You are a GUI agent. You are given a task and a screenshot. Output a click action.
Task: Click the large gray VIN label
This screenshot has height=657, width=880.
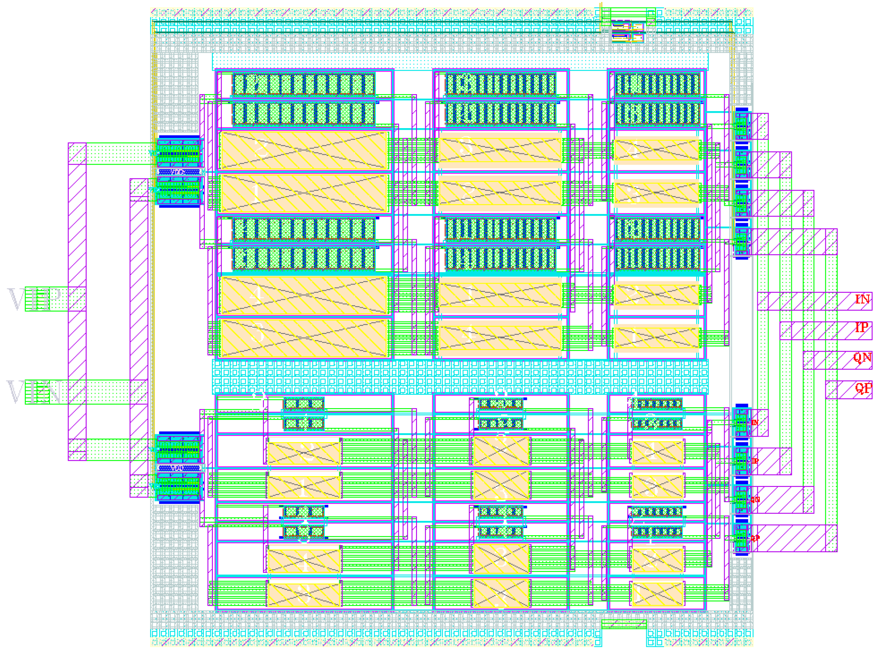[34, 392]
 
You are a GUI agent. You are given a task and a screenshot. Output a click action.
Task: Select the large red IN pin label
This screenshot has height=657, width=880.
[862, 299]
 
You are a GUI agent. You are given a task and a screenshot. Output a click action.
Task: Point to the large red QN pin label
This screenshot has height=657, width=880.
[862, 358]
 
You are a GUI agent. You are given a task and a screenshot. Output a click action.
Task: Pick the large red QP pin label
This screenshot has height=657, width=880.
[863, 387]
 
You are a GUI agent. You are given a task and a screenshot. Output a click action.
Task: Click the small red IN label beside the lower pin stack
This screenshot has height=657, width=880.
[755, 422]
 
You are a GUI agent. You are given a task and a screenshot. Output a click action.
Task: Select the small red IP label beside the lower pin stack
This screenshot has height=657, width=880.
[755, 461]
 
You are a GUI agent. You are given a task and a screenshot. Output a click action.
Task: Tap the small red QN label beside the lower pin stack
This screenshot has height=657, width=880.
[755, 500]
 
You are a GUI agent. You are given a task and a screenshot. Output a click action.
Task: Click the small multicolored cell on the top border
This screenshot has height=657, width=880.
[627, 31]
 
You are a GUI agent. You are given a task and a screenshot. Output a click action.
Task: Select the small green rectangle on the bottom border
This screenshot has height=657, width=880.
[624, 624]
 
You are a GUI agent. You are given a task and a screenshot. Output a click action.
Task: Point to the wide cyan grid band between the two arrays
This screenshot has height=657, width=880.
[460, 377]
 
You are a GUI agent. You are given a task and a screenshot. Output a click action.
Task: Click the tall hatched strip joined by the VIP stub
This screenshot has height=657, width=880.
[77, 301]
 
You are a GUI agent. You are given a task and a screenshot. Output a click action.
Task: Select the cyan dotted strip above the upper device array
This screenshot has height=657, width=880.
[460, 62]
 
